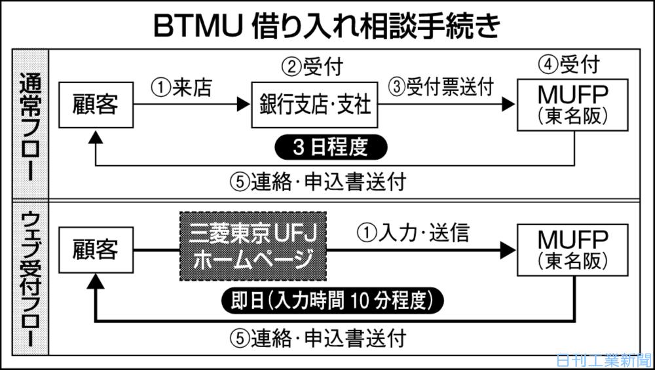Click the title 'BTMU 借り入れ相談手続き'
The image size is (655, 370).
[x=327, y=26]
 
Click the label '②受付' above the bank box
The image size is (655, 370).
[x=312, y=66]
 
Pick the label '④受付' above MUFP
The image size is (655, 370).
[x=569, y=65]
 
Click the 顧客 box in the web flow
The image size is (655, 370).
[x=96, y=250]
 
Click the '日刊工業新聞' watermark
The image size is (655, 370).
[x=603, y=360]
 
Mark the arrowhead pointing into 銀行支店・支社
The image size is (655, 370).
[x=246, y=104]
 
